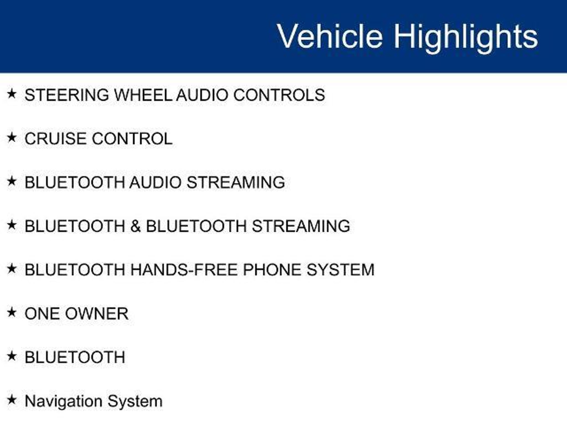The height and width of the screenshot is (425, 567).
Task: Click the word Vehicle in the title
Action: pyautogui.click(x=330, y=36)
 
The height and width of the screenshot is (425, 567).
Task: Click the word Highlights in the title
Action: pyautogui.click(x=466, y=38)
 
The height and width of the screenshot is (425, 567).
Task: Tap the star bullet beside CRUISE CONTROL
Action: pyautogui.click(x=12, y=138)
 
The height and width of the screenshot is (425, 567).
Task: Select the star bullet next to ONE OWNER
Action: pyautogui.click(x=12, y=313)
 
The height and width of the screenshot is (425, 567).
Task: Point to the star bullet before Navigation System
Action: pyautogui.click(x=12, y=400)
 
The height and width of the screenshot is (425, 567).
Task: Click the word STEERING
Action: pyautogui.click(x=67, y=95)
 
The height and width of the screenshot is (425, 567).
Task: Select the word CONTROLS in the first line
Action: pyautogui.click(x=279, y=95)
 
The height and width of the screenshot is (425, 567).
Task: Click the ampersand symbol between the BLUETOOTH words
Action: pyautogui.click(x=136, y=226)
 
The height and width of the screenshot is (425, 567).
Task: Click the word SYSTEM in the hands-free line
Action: pyautogui.click(x=341, y=270)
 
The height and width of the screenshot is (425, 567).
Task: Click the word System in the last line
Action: pyautogui.click(x=135, y=401)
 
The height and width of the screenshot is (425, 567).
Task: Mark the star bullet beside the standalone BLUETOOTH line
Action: pyautogui.click(x=12, y=356)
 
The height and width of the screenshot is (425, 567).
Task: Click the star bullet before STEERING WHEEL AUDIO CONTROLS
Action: pyautogui.click(x=12, y=94)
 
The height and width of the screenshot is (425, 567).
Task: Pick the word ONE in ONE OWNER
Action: pyautogui.click(x=43, y=313)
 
